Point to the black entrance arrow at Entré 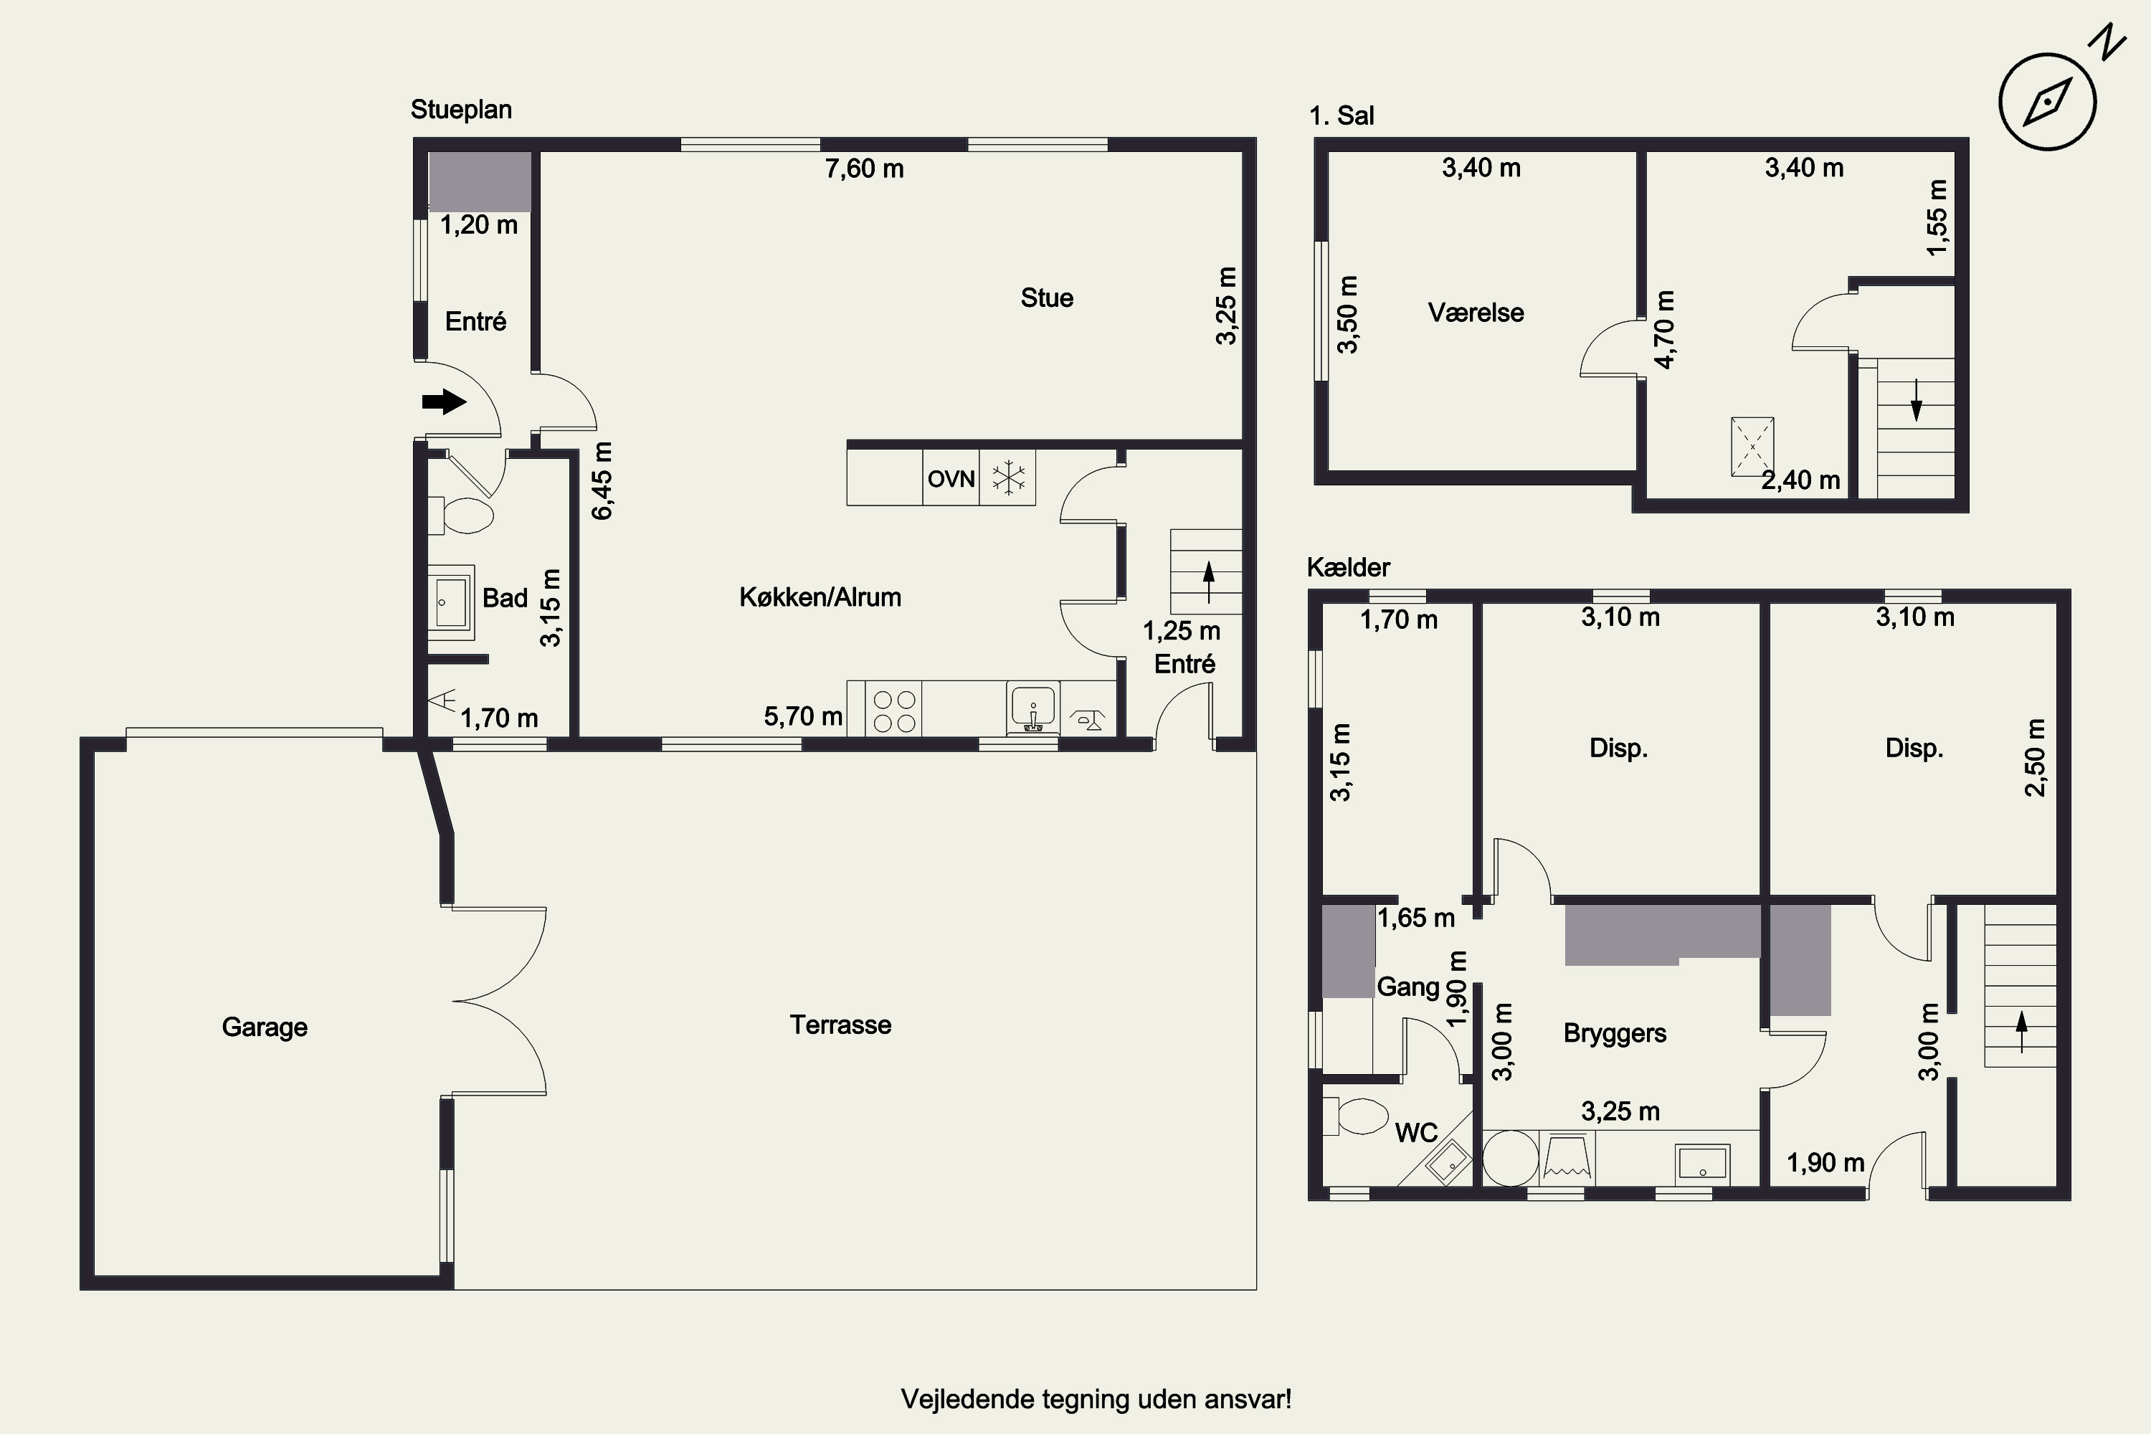pos(445,401)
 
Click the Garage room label pos(265,1027)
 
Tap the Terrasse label pos(840,1025)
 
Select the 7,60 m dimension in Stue pos(864,168)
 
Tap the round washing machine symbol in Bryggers pos(1510,1159)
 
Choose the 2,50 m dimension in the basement pos(2036,757)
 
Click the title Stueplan pos(461,110)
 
